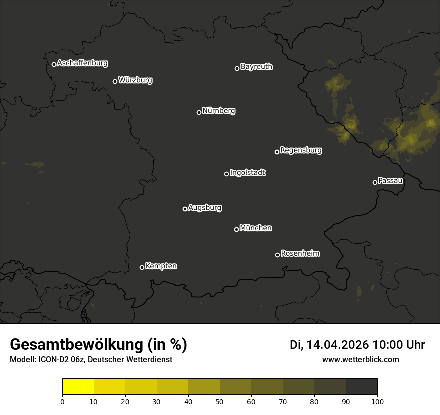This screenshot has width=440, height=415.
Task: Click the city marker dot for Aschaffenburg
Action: [x=54, y=64]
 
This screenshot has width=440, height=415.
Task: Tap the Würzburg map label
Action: [x=135, y=80]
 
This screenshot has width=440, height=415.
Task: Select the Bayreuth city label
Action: [x=256, y=67]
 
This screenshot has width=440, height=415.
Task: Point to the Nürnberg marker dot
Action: [x=199, y=112]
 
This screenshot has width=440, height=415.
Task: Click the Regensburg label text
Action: [x=301, y=150]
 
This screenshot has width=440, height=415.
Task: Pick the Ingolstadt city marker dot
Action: [x=226, y=174]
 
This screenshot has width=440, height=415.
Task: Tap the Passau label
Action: [x=390, y=181]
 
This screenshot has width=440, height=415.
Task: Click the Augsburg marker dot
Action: [x=185, y=209]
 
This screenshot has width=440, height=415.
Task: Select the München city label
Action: [x=256, y=228]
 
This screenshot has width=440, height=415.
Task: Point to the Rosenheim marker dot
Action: [x=277, y=255]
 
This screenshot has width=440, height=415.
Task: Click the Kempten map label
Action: [x=161, y=266]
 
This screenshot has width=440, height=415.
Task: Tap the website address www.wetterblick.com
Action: [x=361, y=359]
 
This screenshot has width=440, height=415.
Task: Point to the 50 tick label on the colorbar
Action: [x=220, y=401]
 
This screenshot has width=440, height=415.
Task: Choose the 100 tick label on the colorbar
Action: [x=377, y=401]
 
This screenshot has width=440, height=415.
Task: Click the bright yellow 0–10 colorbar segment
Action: [x=78, y=387]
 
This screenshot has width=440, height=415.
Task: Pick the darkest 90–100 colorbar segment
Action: [x=361, y=387]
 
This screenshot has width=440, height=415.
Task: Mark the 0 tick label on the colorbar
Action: [x=62, y=401]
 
